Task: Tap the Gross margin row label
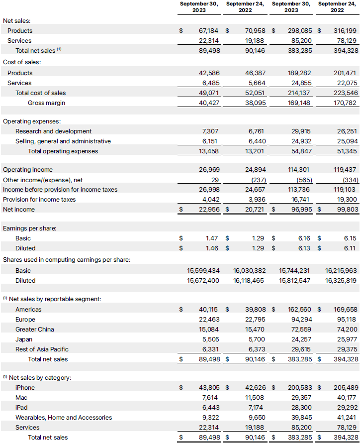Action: (46, 103)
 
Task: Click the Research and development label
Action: (53, 131)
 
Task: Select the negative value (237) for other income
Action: (256, 180)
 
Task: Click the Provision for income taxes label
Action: (39, 200)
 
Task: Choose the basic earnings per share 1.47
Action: (212, 238)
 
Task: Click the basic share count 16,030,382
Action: (249, 271)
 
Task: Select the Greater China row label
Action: (35, 330)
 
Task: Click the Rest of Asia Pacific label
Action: (42, 349)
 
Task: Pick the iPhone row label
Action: (25, 388)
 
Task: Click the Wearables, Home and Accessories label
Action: (64, 418)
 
